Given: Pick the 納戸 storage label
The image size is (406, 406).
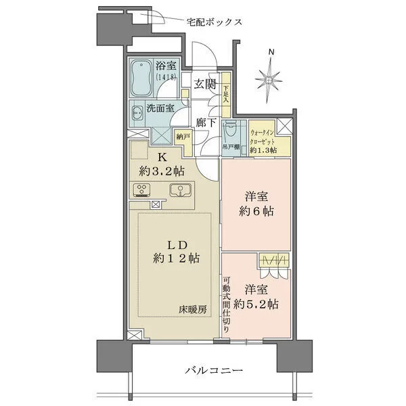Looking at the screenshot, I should (x=183, y=136).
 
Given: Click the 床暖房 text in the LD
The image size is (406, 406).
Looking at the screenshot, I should (x=194, y=309).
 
